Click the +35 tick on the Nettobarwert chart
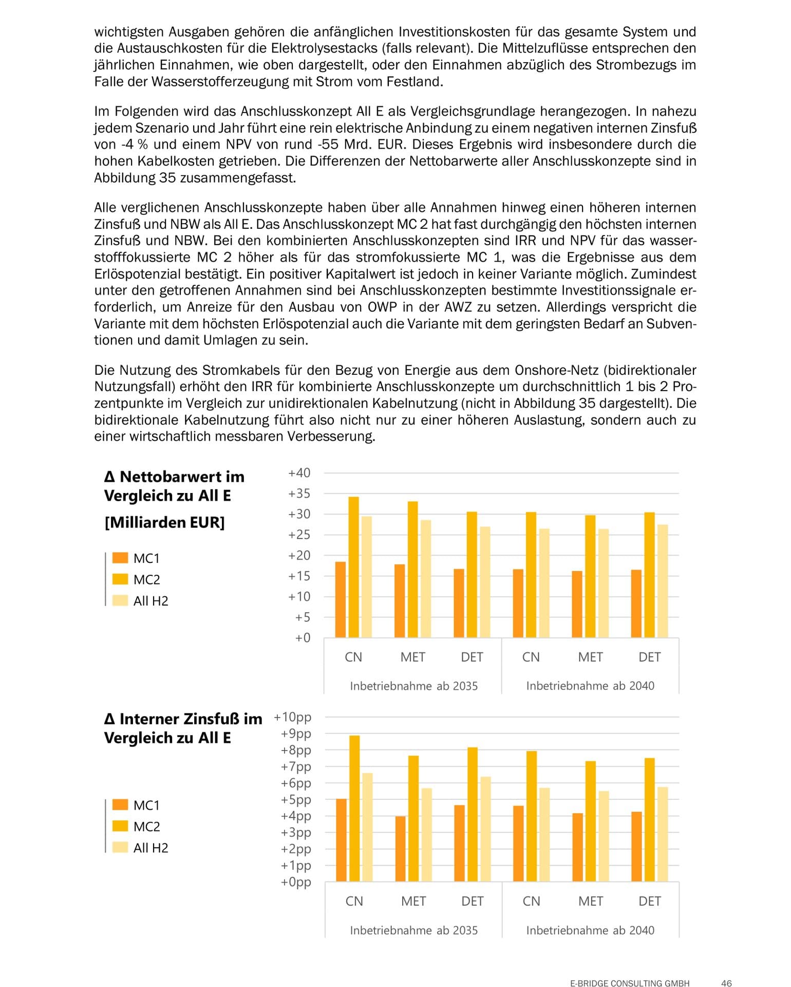tap(299, 493)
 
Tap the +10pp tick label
tap(292, 717)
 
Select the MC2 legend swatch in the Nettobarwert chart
tap(120, 579)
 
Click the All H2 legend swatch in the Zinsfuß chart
tap(120, 847)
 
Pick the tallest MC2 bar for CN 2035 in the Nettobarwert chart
tap(354, 567)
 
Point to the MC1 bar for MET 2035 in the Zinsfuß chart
tap(401, 849)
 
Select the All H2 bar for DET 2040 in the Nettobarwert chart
tap(663, 581)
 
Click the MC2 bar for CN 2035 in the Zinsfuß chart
tap(354, 808)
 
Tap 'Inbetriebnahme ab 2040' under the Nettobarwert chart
tap(590, 686)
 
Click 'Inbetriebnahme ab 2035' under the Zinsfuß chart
tap(413, 930)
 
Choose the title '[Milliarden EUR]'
tap(165, 522)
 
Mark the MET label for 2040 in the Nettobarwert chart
tap(590, 657)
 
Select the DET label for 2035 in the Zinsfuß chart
tap(472, 901)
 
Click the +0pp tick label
tap(296, 882)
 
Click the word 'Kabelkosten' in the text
tap(177, 161)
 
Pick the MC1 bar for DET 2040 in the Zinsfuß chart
tap(636, 846)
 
